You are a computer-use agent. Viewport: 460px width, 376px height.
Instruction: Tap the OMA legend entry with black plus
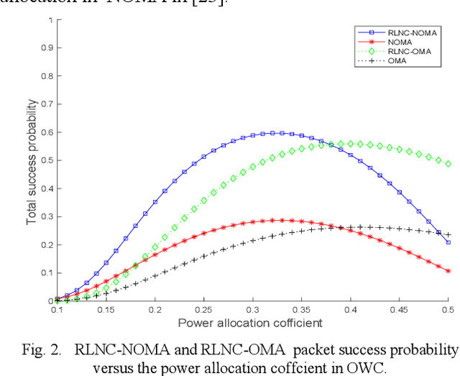point(398,61)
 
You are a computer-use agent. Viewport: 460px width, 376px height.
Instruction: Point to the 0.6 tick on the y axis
point(47,132)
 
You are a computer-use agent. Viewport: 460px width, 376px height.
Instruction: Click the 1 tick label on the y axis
point(50,19)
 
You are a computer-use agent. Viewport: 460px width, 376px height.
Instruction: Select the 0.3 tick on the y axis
point(47,216)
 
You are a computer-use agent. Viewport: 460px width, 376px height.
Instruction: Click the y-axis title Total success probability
point(32,160)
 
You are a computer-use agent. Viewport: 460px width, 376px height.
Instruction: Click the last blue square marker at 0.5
point(448,242)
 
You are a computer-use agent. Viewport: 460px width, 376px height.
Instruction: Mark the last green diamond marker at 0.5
point(448,164)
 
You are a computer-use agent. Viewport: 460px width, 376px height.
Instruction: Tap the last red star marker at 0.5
point(448,271)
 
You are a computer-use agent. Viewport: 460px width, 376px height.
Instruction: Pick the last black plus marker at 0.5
point(448,235)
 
